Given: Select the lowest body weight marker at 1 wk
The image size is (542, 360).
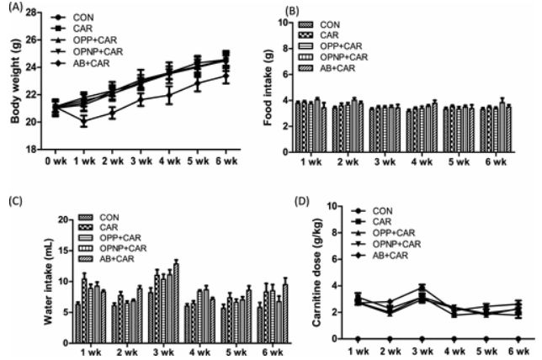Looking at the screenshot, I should pyautogui.click(x=83, y=122).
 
